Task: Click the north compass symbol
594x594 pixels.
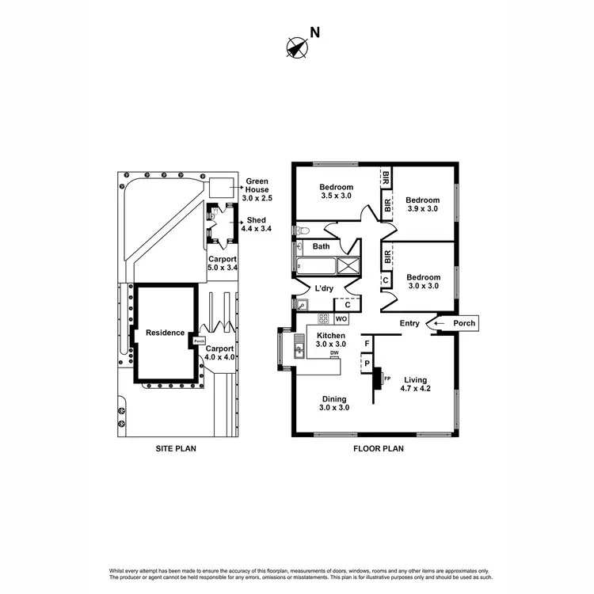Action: coord(296,48)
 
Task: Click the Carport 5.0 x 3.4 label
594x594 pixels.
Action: coord(221,264)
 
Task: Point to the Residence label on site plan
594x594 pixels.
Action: coord(164,333)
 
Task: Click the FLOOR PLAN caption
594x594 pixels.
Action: coord(378,448)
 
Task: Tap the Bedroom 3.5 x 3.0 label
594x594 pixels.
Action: coord(337,192)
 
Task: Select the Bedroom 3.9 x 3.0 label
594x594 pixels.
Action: coord(421,204)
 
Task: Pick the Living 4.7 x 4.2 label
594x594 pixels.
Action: coord(413,383)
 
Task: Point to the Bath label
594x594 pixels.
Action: coord(321,247)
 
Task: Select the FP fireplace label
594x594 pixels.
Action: coord(387,379)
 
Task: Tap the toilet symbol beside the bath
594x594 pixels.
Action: coord(299,230)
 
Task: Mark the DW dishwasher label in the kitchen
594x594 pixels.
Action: coord(334,353)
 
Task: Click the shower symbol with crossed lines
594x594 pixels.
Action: coord(348,265)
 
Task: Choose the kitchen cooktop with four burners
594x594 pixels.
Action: coord(323,319)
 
